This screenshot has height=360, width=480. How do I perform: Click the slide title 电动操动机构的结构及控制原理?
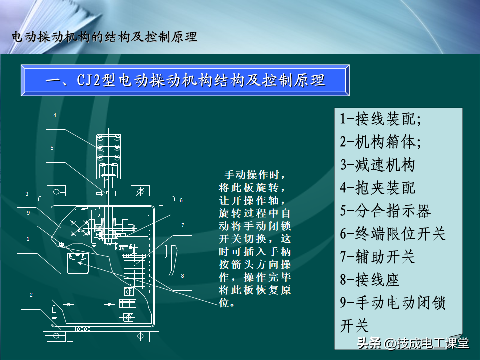104,37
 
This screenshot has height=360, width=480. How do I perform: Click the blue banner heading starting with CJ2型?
185,81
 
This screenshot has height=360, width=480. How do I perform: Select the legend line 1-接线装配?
381,119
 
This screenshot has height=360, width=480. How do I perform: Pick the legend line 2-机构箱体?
381,142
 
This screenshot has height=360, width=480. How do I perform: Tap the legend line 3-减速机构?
378,165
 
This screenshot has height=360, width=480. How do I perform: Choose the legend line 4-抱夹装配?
378,188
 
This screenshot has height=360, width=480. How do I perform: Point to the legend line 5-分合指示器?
385,211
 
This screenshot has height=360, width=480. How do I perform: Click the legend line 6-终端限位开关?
393,234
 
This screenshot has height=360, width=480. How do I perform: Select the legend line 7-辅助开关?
378,257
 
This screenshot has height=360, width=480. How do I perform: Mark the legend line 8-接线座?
370,280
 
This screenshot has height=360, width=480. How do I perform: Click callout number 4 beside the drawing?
55,115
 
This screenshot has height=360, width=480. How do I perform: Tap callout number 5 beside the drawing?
52,148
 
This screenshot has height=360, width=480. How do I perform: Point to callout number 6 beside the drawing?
181,200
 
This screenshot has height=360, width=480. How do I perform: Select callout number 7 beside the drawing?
183,225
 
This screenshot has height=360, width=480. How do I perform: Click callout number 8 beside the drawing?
183,276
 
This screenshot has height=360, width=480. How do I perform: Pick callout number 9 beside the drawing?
28,213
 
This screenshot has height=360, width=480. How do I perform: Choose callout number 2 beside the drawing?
31,295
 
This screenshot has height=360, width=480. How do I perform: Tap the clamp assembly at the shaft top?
108,148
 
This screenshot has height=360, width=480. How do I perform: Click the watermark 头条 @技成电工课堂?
413,343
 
